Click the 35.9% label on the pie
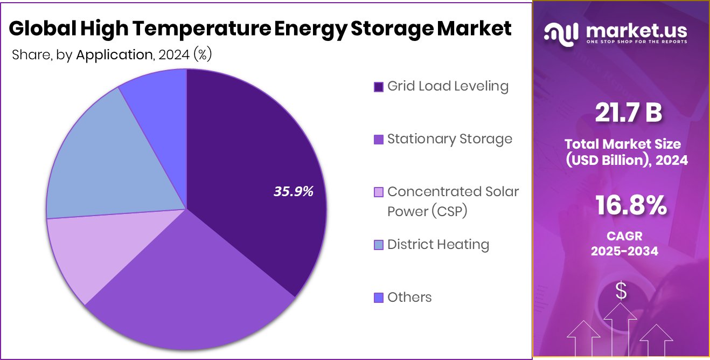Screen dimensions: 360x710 coord(294,192)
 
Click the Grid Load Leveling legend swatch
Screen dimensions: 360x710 coord(378,87)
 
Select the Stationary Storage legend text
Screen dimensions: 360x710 coord(449,139)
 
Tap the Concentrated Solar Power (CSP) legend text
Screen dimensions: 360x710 coord(453,202)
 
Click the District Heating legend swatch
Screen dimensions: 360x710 coord(378,245)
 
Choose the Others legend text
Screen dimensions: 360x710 coord(409,297)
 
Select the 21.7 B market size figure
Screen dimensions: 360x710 coord(628,113)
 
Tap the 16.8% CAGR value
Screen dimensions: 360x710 coord(631,205)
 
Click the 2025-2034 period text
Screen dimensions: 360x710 coord(624,251)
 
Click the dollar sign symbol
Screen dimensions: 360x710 coord(621,292)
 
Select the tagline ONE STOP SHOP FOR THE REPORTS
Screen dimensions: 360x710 coord(636,42)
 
